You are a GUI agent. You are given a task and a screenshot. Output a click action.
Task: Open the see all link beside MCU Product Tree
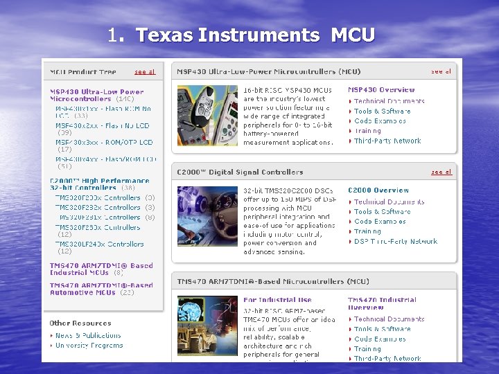coord(145,71)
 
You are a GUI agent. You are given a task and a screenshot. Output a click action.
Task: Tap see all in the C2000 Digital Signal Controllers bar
coord(441,172)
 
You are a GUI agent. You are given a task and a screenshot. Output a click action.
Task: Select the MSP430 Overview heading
coord(381,90)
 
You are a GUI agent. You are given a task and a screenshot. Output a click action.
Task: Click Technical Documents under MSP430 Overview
coord(389,101)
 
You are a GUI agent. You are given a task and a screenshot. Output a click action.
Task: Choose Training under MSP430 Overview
coord(367,131)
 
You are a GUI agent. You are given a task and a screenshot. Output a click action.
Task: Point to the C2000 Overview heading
coord(378,190)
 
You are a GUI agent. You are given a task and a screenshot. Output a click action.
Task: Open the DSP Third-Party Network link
coord(396,242)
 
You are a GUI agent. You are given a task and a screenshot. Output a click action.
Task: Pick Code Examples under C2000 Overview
coord(380,222)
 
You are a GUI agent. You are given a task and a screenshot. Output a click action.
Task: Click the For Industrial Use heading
coord(277,300)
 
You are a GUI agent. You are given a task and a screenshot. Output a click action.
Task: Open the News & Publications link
coord(88,335)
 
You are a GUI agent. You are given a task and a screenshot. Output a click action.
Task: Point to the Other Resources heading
coord(80,323)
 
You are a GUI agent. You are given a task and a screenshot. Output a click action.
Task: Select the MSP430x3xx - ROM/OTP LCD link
coord(104,143)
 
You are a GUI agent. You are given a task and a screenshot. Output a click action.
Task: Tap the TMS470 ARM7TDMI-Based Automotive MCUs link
coord(101,289)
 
